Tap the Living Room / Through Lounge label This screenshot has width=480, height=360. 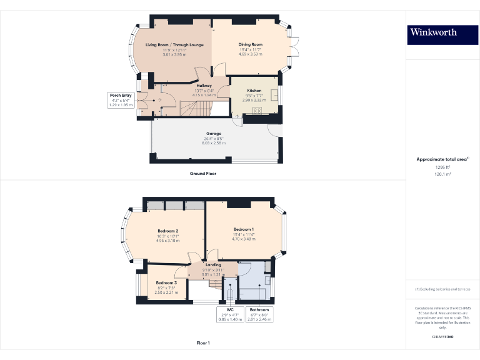tap(174, 45)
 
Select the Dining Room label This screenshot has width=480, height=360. tap(250, 45)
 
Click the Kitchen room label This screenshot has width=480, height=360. tap(254, 91)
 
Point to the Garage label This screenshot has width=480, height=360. tap(214, 133)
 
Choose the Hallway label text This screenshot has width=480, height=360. tap(204, 86)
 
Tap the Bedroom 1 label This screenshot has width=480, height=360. tap(244, 229)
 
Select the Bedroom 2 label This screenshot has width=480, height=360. tap(168, 231)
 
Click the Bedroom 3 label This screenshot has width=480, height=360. tap(166, 282)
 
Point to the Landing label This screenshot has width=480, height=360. tap(213, 265)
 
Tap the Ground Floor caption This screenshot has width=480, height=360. tap(203, 173)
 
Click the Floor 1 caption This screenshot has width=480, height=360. tap(203, 343)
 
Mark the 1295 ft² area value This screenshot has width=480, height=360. tap(442, 167)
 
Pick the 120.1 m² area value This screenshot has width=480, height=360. tap(442, 174)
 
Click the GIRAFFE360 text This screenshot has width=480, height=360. tap(442, 337)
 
